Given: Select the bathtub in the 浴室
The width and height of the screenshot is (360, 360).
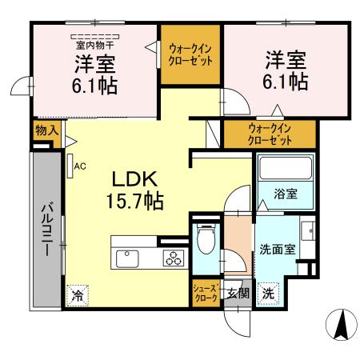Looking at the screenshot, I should click(284, 170).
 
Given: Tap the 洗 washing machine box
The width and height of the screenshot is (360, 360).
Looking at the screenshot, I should click(268, 292).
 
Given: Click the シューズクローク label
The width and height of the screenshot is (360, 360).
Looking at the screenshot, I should click(204, 293).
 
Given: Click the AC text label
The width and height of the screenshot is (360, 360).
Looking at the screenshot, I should click(80, 166).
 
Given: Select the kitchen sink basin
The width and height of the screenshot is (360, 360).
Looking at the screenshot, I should click(128, 258).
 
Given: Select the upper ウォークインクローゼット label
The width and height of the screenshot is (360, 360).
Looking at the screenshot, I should click(190, 54).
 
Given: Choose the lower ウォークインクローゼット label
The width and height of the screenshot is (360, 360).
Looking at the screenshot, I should click(270, 133).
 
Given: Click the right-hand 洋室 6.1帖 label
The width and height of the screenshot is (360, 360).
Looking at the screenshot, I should click(286, 70).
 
